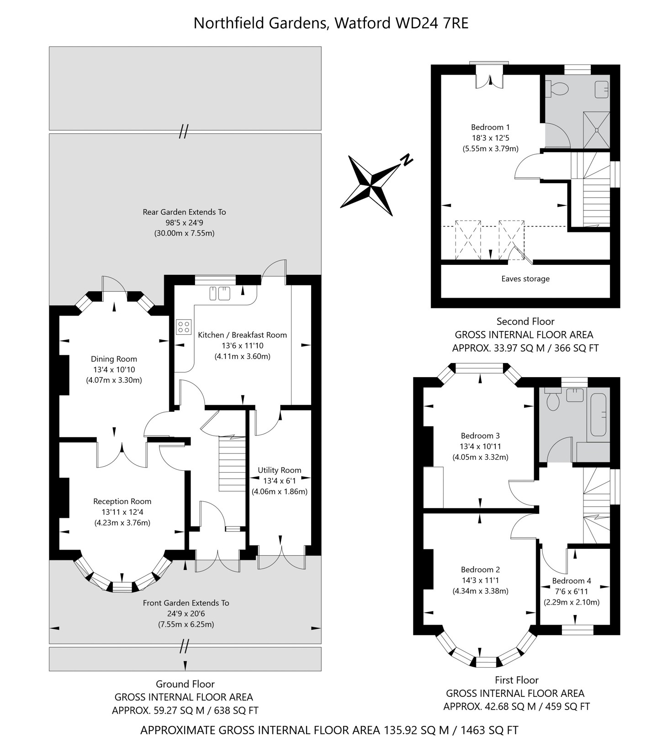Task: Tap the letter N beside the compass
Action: point(406,160)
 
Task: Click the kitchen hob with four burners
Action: point(184,326)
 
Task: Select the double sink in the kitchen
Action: point(220,293)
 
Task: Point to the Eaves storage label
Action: point(525,279)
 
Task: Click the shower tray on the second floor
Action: point(596,130)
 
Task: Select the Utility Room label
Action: point(279,470)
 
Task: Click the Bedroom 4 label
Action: point(571,580)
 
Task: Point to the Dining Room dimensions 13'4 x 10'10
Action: point(114,369)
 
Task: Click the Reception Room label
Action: point(122,501)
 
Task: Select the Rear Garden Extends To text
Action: point(184,212)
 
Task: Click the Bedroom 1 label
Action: point(490,127)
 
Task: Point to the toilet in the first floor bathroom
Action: point(553,400)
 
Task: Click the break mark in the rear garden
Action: point(184,132)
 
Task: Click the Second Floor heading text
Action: point(525,321)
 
